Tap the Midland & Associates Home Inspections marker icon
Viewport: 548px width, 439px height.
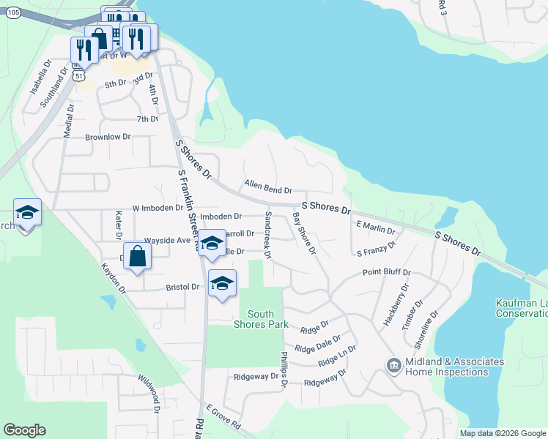point(393,364)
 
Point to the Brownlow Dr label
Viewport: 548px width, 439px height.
point(108,137)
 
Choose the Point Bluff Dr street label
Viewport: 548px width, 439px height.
point(387,272)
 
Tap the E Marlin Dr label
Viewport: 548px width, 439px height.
point(375,227)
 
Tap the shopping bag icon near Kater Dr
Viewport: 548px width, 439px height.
point(137,255)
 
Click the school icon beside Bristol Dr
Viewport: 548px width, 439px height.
point(222,282)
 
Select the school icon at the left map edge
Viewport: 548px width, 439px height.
point(27,213)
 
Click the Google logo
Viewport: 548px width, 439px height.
point(24,430)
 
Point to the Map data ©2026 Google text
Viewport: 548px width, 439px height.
point(503,433)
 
